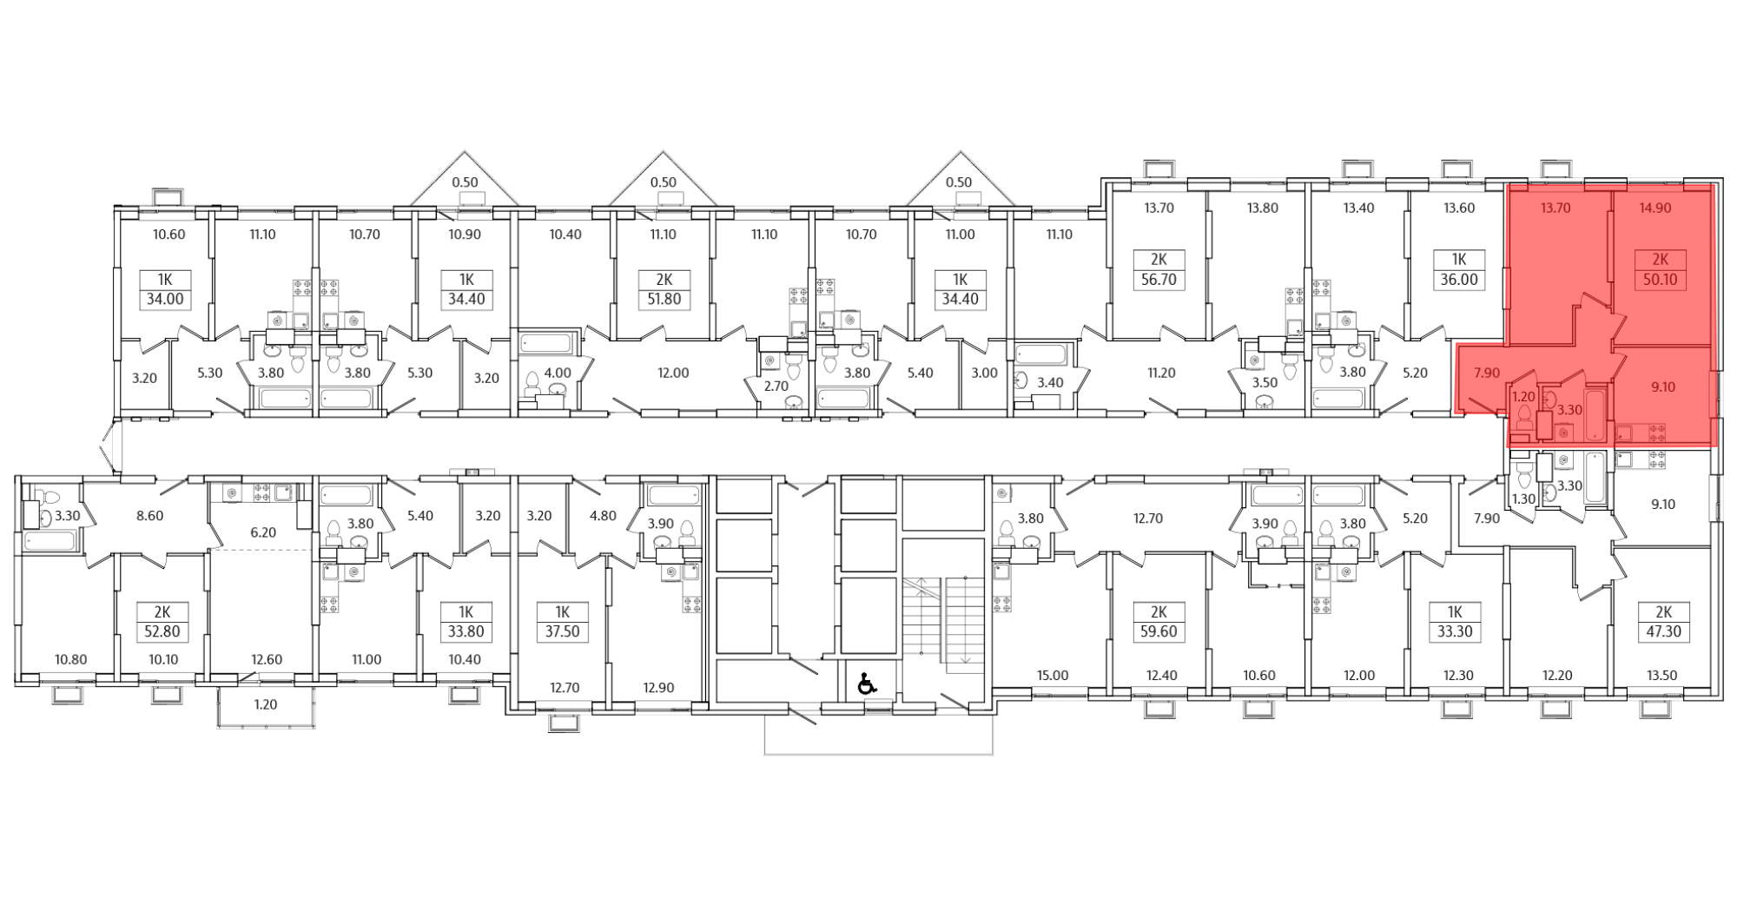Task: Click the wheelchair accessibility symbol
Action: point(866,684)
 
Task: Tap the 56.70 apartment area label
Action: point(1158,281)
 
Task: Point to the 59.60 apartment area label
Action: point(1158,631)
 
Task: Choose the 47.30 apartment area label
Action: point(1662,631)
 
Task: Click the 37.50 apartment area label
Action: point(562,631)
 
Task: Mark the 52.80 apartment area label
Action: point(162,631)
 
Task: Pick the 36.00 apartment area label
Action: point(1459,281)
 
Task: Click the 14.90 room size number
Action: point(1654,208)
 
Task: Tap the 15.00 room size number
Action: point(1053,676)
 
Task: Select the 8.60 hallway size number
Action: point(149,515)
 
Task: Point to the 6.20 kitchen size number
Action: point(262,532)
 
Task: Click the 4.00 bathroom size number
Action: point(557,373)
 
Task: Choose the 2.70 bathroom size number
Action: point(774,385)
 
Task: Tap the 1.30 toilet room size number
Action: point(1523,499)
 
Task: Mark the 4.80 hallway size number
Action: point(602,515)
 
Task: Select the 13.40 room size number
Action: point(1358,208)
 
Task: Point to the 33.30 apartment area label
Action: point(1454,631)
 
